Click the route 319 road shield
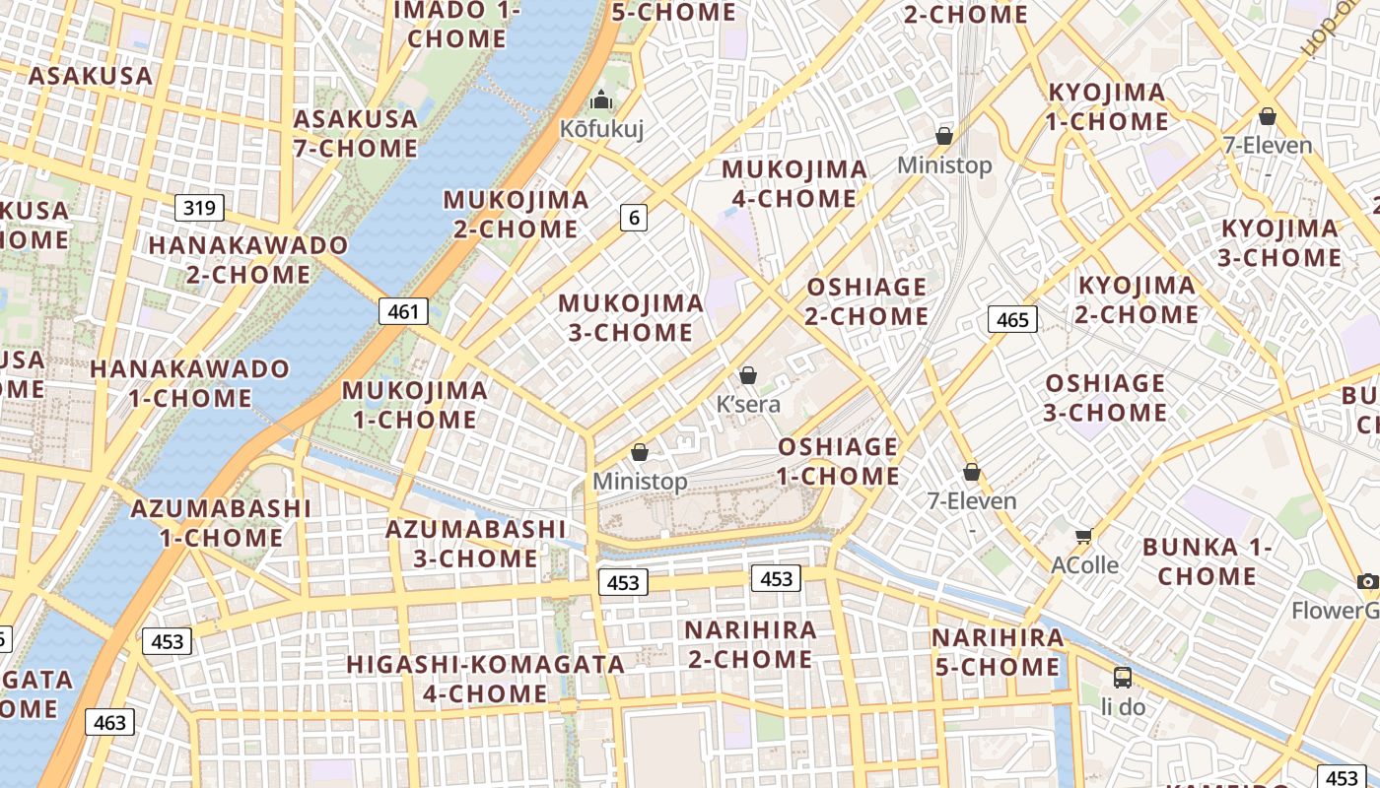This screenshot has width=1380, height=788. click(199, 208)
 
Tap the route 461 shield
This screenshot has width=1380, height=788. click(403, 312)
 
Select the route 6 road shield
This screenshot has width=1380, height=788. click(633, 218)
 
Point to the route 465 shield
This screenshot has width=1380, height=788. click(1012, 319)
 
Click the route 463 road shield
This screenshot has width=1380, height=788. click(109, 722)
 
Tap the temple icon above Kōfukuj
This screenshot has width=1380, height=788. click(601, 100)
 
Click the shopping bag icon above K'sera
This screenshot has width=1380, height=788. click(748, 375)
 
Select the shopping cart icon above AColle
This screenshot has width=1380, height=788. click(1084, 536)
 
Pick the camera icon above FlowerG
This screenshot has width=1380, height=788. click(1367, 581)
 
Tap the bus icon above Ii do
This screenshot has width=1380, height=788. click(1122, 677)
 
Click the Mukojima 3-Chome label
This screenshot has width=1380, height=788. click(631, 317)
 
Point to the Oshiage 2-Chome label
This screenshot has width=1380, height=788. click(866, 301)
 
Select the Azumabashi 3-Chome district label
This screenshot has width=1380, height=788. click(475, 544)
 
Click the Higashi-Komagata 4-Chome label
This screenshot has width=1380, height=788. click(485, 679)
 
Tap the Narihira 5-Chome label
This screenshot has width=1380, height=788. click(998, 652)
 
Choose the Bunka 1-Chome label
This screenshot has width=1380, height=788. click(1207, 561)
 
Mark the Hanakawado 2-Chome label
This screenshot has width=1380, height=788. click(248, 259)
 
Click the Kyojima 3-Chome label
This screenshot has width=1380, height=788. click(1280, 243)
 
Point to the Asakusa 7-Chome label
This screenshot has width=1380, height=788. click(356, 133)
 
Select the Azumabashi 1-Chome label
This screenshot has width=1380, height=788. click(221, 523)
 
